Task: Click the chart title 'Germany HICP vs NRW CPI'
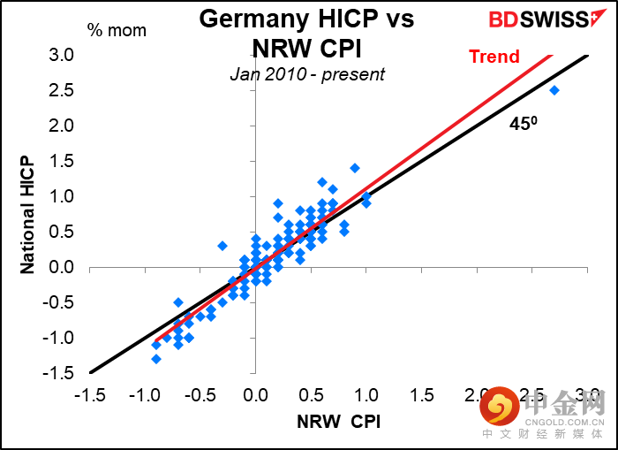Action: coord(305,32)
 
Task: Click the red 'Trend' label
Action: coord(494,57)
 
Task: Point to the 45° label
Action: coord(524,124)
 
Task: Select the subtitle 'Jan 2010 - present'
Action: coord(306,74)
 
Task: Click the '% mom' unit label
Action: coord(117,30)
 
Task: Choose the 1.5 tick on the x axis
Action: coord(422,394)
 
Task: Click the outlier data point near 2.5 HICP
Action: coord(554,90)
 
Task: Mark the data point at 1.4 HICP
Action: coord(355,168)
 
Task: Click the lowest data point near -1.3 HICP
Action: coord(156,358)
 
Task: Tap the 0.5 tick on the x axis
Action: coord(311,394)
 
